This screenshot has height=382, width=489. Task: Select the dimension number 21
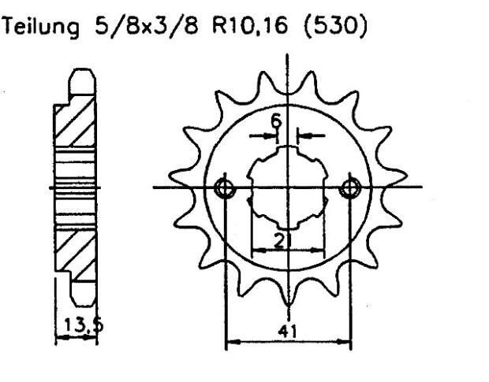(281, 241)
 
